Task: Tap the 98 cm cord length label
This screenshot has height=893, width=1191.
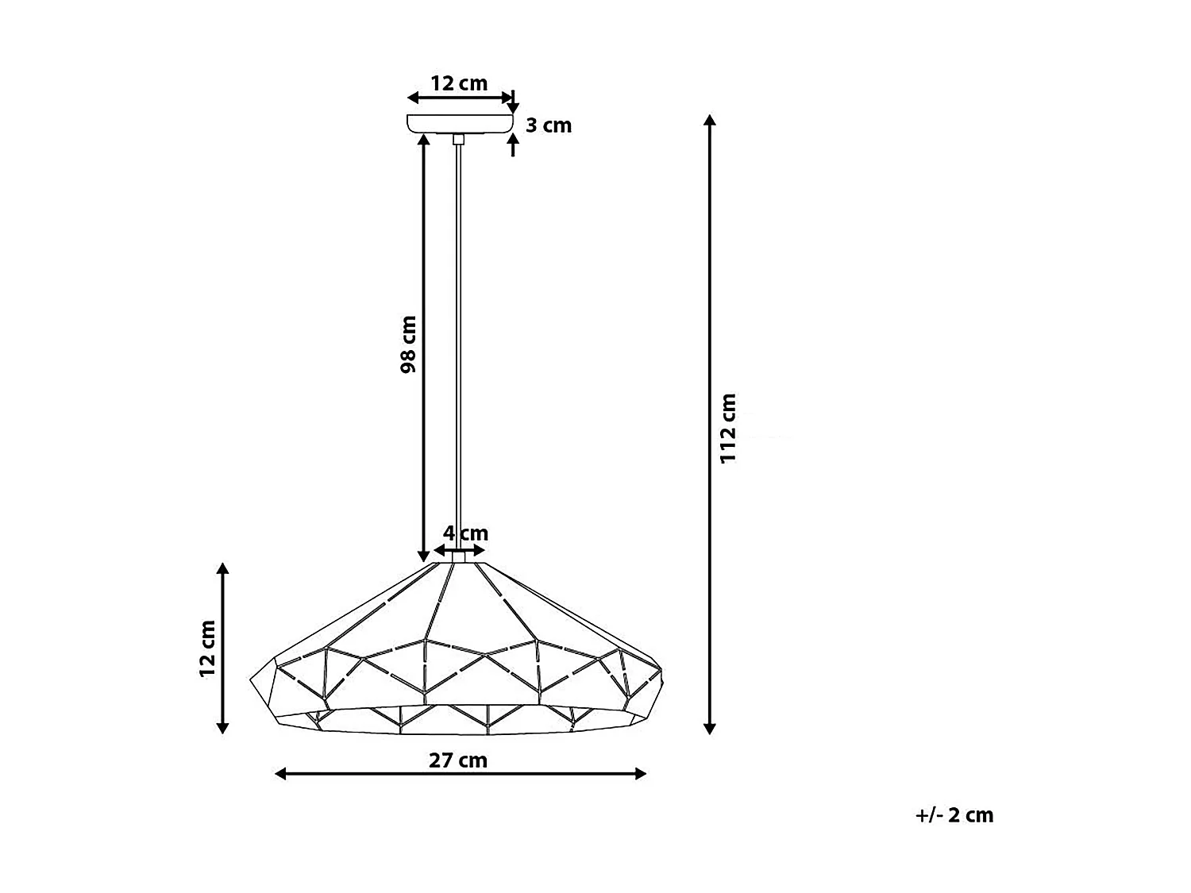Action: (x=408, y=344)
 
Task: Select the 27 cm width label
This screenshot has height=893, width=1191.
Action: (x=458, y=760)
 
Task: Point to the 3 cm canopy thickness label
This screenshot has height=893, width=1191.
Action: (x=549, y=125)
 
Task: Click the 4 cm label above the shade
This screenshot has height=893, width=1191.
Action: (x=465, y=533)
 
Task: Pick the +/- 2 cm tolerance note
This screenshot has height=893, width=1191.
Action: (x=954, y=815)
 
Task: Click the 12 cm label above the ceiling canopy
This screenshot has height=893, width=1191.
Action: (x=459, y=83)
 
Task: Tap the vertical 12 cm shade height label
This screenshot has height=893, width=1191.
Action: (x=208, y=648)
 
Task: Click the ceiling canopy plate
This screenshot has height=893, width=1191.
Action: (x=459, y=124)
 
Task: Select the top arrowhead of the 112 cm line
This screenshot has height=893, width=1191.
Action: (x=711, y=121)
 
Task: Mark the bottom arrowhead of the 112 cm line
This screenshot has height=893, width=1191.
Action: (x=711, y=728)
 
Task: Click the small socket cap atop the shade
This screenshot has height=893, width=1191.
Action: (x=458, y=557)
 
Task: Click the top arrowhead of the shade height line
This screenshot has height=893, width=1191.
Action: (x=223, y=568)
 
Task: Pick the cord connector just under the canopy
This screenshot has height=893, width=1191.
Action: (x=458, y=140)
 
